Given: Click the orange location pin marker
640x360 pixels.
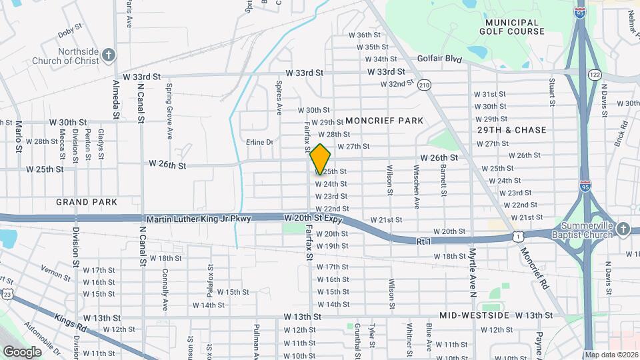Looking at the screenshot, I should (320, 159).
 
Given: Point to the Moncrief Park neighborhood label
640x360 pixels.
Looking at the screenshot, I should (384, 121).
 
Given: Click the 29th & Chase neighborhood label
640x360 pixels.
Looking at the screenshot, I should (511, 130).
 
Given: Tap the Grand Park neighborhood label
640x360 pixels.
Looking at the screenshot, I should (87, 201).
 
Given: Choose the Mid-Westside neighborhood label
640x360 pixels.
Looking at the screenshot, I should (475, 315).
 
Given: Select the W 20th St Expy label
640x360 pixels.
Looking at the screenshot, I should (313, 219).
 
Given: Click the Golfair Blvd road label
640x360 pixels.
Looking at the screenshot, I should (440, 59).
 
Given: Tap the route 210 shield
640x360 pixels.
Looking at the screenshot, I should (424, 85).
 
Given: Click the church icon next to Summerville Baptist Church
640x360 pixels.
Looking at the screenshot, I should (623, 229).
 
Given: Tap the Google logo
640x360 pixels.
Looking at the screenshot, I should (22, 352).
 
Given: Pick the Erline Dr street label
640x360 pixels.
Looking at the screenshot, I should (260, 142).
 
